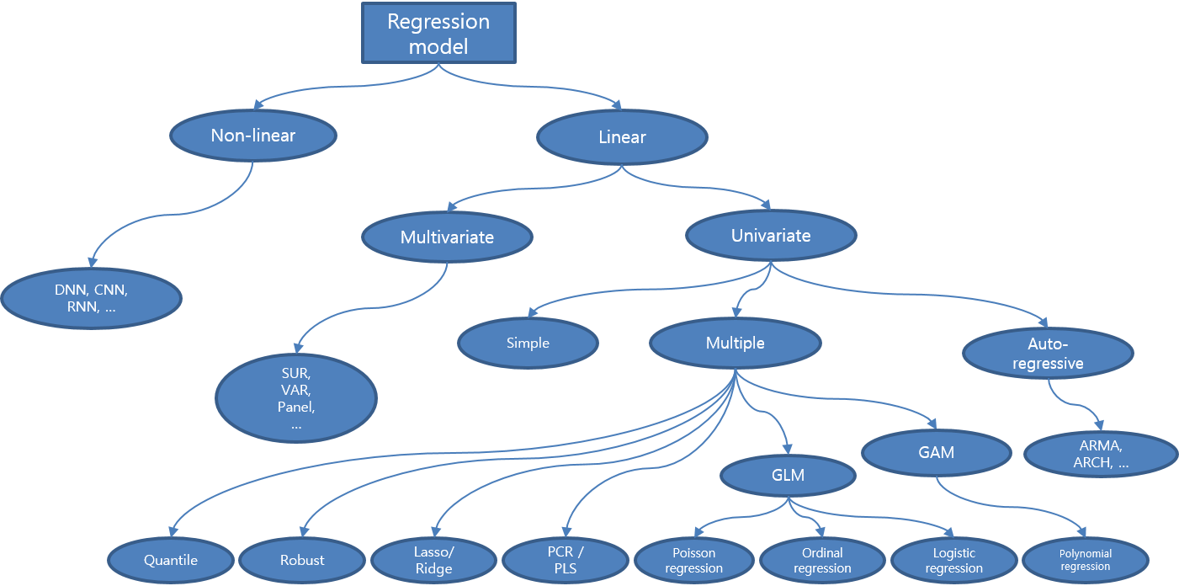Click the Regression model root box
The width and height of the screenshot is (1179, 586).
coord(438,33)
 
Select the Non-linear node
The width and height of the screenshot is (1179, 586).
coord(252,135)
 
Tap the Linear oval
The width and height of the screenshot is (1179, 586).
coord(622,137)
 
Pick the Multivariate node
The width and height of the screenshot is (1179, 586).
coord(447,237)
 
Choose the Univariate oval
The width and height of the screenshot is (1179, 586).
coord(771,236)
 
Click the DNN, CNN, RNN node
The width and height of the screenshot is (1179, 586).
coord(91,299)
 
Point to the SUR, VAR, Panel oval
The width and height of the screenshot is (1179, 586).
coord(295,398)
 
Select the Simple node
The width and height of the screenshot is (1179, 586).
coord(528,343)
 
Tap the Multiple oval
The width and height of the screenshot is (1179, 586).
coord(735,343)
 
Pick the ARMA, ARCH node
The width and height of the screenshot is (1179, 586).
coord(1101,454)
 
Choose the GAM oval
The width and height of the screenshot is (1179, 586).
coord(936,452)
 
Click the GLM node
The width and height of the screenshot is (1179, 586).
coord(788,475)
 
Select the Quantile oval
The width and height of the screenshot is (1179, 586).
coord(171,560)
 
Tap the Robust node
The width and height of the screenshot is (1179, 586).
coord(302,560)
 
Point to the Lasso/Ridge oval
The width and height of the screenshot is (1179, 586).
coord(433,560)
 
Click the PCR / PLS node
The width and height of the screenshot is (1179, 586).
coord(565,560)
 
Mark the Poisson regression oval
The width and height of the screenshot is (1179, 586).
coord(694,560)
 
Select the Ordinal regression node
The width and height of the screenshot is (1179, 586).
coord(823,560)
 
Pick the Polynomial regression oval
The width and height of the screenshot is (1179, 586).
coord(1086,560)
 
